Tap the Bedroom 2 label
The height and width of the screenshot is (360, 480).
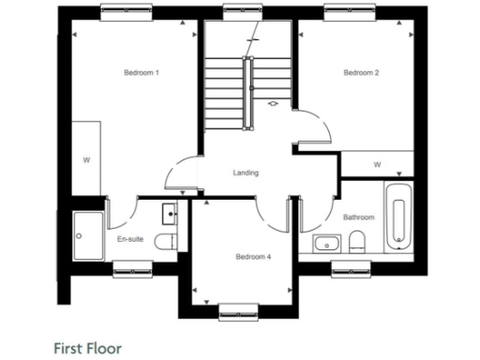pos(360,73)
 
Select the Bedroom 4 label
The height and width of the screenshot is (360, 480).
pos(252,256)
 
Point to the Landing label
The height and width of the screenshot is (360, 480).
pos(246,172)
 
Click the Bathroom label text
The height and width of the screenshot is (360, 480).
pos(358,217)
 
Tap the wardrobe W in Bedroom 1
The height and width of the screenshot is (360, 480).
pos(86,160)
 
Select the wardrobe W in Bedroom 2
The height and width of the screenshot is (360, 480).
pos(377,165)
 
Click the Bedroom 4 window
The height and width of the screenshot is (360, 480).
pos(238,308)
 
